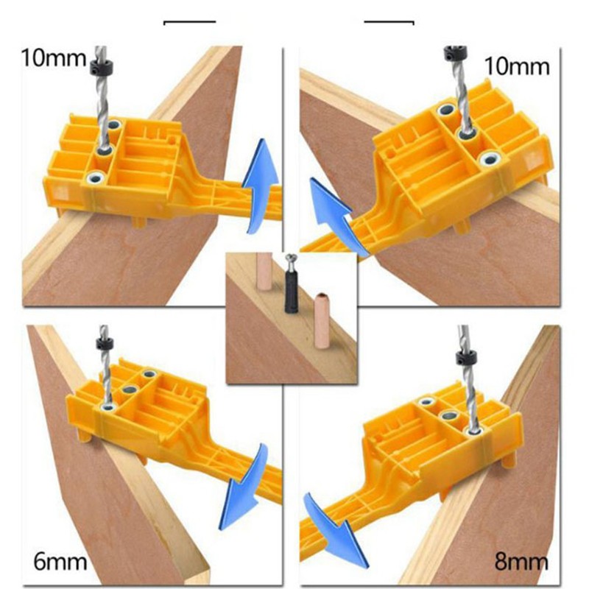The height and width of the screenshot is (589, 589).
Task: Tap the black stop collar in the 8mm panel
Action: (465, 358)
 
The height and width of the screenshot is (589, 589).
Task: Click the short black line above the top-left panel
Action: (189, 22)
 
